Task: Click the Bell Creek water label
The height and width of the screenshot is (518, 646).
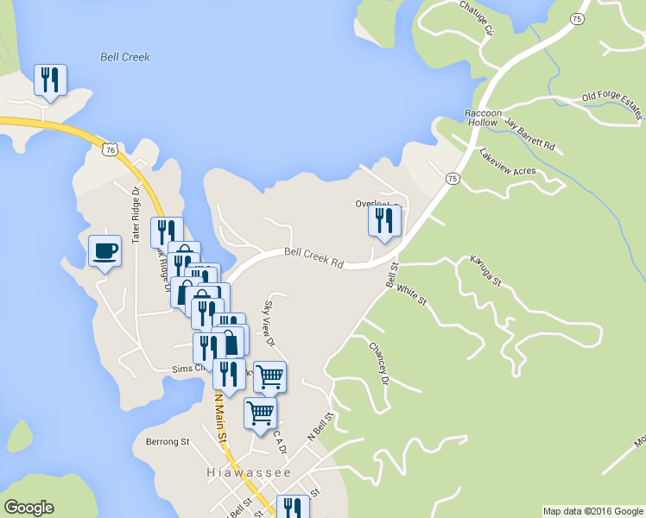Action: (x=124, y=57)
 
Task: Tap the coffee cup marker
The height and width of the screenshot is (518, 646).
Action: (x=104, y=251)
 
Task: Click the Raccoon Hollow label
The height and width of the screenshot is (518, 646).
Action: (x=483, y=117)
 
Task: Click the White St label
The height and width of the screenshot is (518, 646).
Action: (x=412, y=295)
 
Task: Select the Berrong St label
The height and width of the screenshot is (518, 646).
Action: (x=168, y=441)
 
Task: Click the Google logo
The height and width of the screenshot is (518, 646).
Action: (x=28, y=508)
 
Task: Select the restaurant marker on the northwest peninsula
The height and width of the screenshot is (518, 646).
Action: (x=49, y=80)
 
